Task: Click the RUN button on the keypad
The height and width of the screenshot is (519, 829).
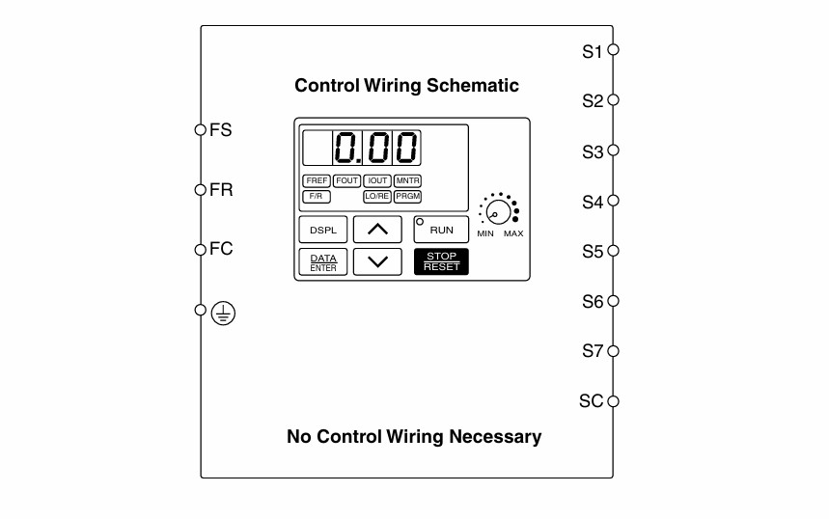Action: tap(441, 230)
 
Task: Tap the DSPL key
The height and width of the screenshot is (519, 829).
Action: tap(323, 230)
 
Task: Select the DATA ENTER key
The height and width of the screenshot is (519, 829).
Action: tap(323, 261)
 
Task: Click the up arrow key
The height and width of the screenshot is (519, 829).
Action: tap(377, 230)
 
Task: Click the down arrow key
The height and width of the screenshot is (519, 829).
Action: tap(377, 261)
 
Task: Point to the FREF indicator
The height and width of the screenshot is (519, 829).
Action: tap(317, 180)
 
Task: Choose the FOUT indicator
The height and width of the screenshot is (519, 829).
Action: tap(346, 180)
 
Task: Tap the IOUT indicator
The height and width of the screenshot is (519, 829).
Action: tap(377, 180)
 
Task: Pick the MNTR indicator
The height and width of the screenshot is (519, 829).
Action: tap(407, 180)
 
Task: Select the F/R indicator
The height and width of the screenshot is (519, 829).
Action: tap(317, 197)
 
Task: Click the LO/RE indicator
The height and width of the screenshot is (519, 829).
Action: tap(377, 197)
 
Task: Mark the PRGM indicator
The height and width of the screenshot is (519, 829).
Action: tap(407, 197)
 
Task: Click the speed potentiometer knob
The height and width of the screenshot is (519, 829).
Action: tap(499, 212)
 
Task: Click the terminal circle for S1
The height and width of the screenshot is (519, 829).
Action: tap(613, 49)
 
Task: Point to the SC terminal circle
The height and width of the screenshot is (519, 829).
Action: tap(613, 401)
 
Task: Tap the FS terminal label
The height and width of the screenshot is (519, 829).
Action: tap(220, 130)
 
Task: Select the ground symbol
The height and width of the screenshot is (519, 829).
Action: tap(223, 314)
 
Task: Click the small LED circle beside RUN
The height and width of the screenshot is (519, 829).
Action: tap(420, 222)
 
